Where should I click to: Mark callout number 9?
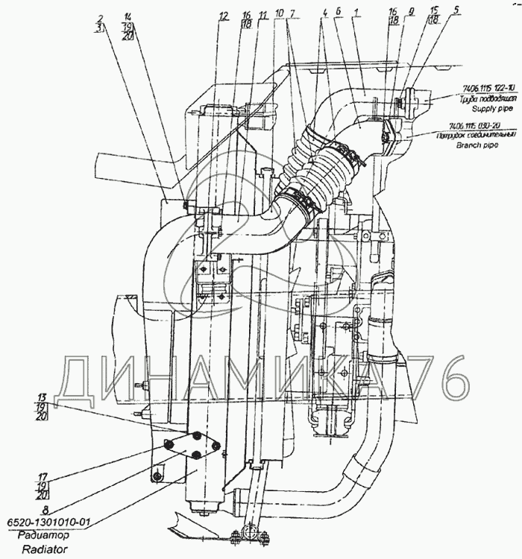[411, 12]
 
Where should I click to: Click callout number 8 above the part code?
[46, 511]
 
